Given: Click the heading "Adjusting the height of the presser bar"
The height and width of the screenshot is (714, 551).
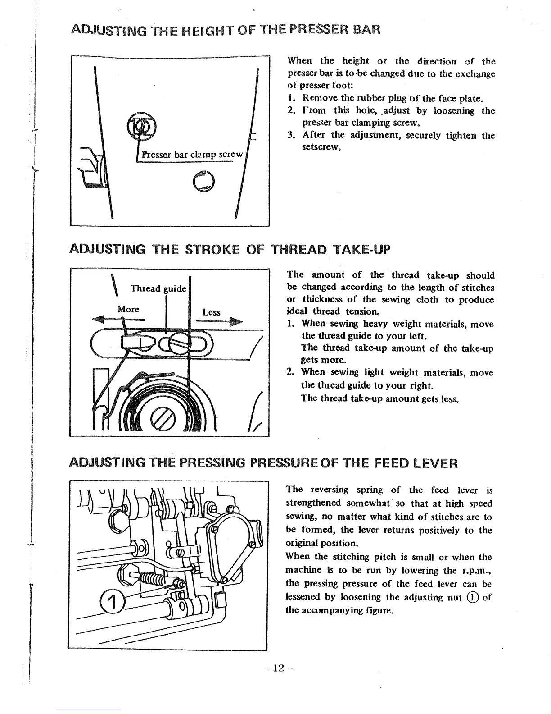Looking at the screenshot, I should (226, 30).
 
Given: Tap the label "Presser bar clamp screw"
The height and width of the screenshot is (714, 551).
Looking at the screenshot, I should (192, 154).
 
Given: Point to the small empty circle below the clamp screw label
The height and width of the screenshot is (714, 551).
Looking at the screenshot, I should (205, 181).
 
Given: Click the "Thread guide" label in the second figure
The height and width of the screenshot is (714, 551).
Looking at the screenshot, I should (158, 288).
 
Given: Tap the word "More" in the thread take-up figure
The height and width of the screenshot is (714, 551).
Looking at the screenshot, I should (128, 309).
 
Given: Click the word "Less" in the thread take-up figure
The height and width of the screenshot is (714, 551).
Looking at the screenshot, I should (211, 312).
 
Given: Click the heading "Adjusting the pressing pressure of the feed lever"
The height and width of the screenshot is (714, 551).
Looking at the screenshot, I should (263, 463).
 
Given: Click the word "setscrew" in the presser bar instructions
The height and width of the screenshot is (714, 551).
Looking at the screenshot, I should (320, 147).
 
